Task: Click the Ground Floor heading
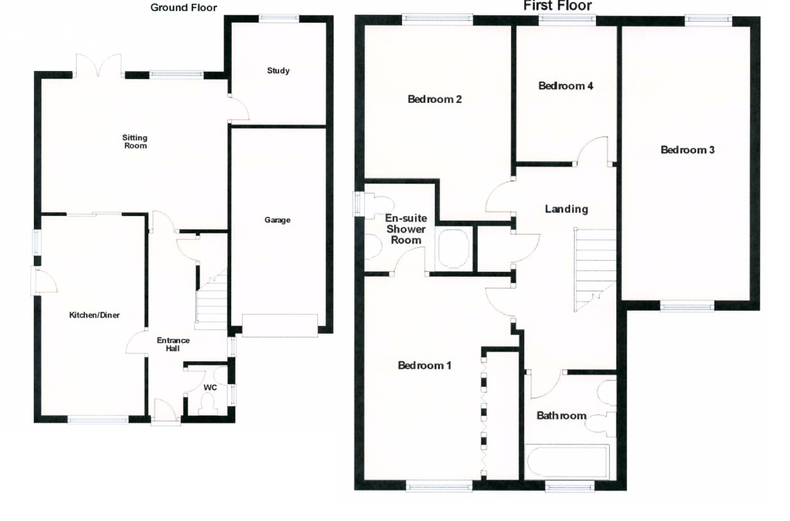(x=183, y=8)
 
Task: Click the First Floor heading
(x=557, y=6)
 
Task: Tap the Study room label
(x=278, y=70)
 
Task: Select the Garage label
(x=277, y=220)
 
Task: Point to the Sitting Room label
(x=135, y=141)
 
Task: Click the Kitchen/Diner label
(x=95, y=315)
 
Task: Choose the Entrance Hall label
(x=173, y=345)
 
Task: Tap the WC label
(x=209, y=388)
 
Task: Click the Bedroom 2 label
(x=434, y=99)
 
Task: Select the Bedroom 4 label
(x=566, y=86)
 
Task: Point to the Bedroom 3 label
(x=687, y=150)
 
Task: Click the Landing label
(x=566, y=209)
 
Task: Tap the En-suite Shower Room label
(x=406, y=229)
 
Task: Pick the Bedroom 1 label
(x=425, y=366)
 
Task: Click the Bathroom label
(x=561, y=416)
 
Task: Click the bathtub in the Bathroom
(x=566, y=462)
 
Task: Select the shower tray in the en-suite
(x=453, y=249)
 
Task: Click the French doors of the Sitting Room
(x=98, y=66)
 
